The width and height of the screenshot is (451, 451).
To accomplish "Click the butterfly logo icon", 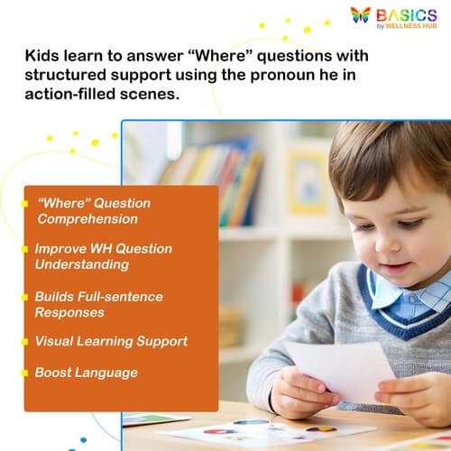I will (361, 15).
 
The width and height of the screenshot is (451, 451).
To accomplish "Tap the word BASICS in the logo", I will (407, 14).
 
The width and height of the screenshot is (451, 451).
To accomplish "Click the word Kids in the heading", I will (42, 57).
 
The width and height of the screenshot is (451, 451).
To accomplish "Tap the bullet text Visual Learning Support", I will (111, 341).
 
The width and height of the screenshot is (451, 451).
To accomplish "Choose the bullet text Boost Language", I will (86, 372).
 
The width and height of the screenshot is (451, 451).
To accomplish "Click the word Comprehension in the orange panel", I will (87, 219).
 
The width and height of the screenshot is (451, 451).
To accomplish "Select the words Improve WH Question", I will (103, 248).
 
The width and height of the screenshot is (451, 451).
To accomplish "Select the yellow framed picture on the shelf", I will (308, 181).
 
